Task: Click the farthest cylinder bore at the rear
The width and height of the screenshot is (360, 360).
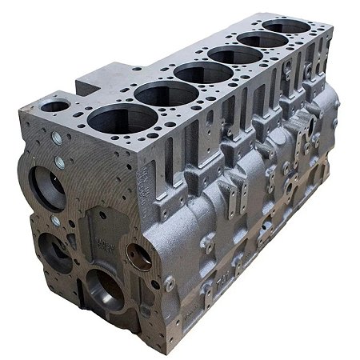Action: pos(286,26)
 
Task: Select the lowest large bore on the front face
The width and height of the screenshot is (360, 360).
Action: pos(104,288)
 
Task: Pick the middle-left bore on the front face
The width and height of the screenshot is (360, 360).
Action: pos(54,252)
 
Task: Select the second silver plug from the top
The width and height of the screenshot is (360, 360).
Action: pos(60,162)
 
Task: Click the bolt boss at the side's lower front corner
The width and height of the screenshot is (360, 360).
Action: pos(169,283)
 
